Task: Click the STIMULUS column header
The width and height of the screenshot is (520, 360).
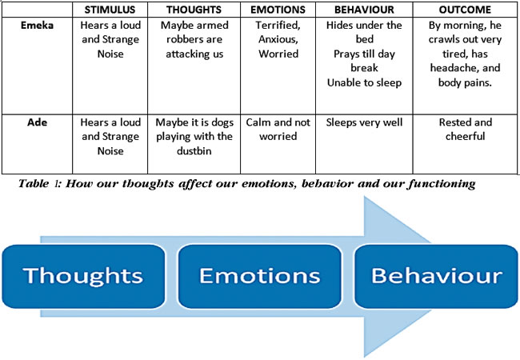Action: coord(110,10)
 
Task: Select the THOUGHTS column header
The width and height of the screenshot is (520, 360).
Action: coord(194,10)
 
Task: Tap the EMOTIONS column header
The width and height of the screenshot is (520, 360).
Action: coord(278,10)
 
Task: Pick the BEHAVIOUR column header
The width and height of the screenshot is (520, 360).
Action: coord(364,10)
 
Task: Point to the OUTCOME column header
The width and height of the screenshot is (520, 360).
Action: coord(465,10)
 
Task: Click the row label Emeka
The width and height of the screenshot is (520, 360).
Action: coord(37,25)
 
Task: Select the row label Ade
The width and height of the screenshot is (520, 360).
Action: coord(37,122)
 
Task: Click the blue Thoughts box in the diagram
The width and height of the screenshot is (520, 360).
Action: coord(83,277)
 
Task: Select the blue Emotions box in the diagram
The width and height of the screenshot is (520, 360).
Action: coord(260,277)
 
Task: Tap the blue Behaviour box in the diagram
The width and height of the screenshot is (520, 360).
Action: coord(436,277)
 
